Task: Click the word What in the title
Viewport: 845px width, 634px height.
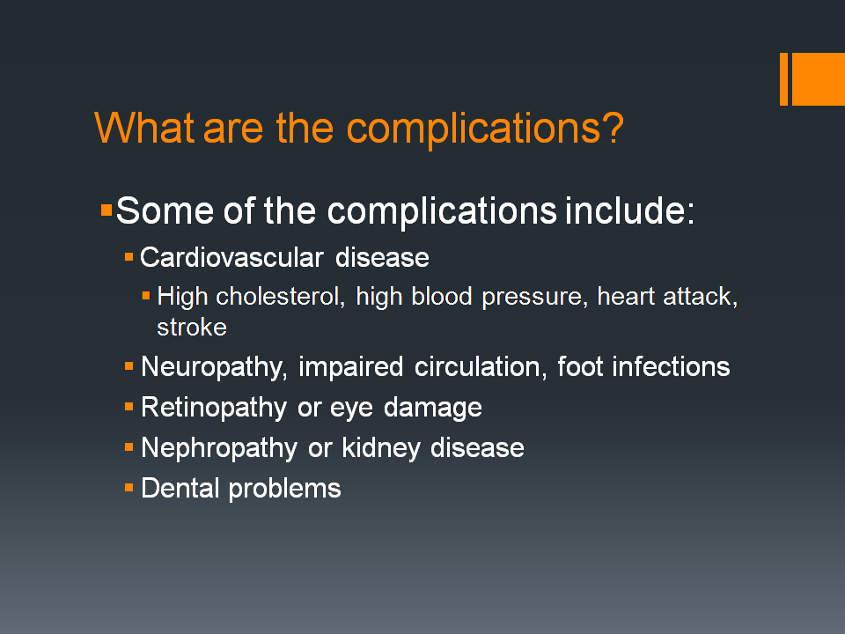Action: (145, 128)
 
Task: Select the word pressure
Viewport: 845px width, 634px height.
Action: (533, 297)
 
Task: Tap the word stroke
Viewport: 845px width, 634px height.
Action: (192, 328)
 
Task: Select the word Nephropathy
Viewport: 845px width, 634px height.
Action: (219, 448)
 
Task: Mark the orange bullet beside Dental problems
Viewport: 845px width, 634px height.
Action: (129, 486)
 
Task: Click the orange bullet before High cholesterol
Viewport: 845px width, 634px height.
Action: (146, 295)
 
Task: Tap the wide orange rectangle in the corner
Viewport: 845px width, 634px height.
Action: (818, 78)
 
